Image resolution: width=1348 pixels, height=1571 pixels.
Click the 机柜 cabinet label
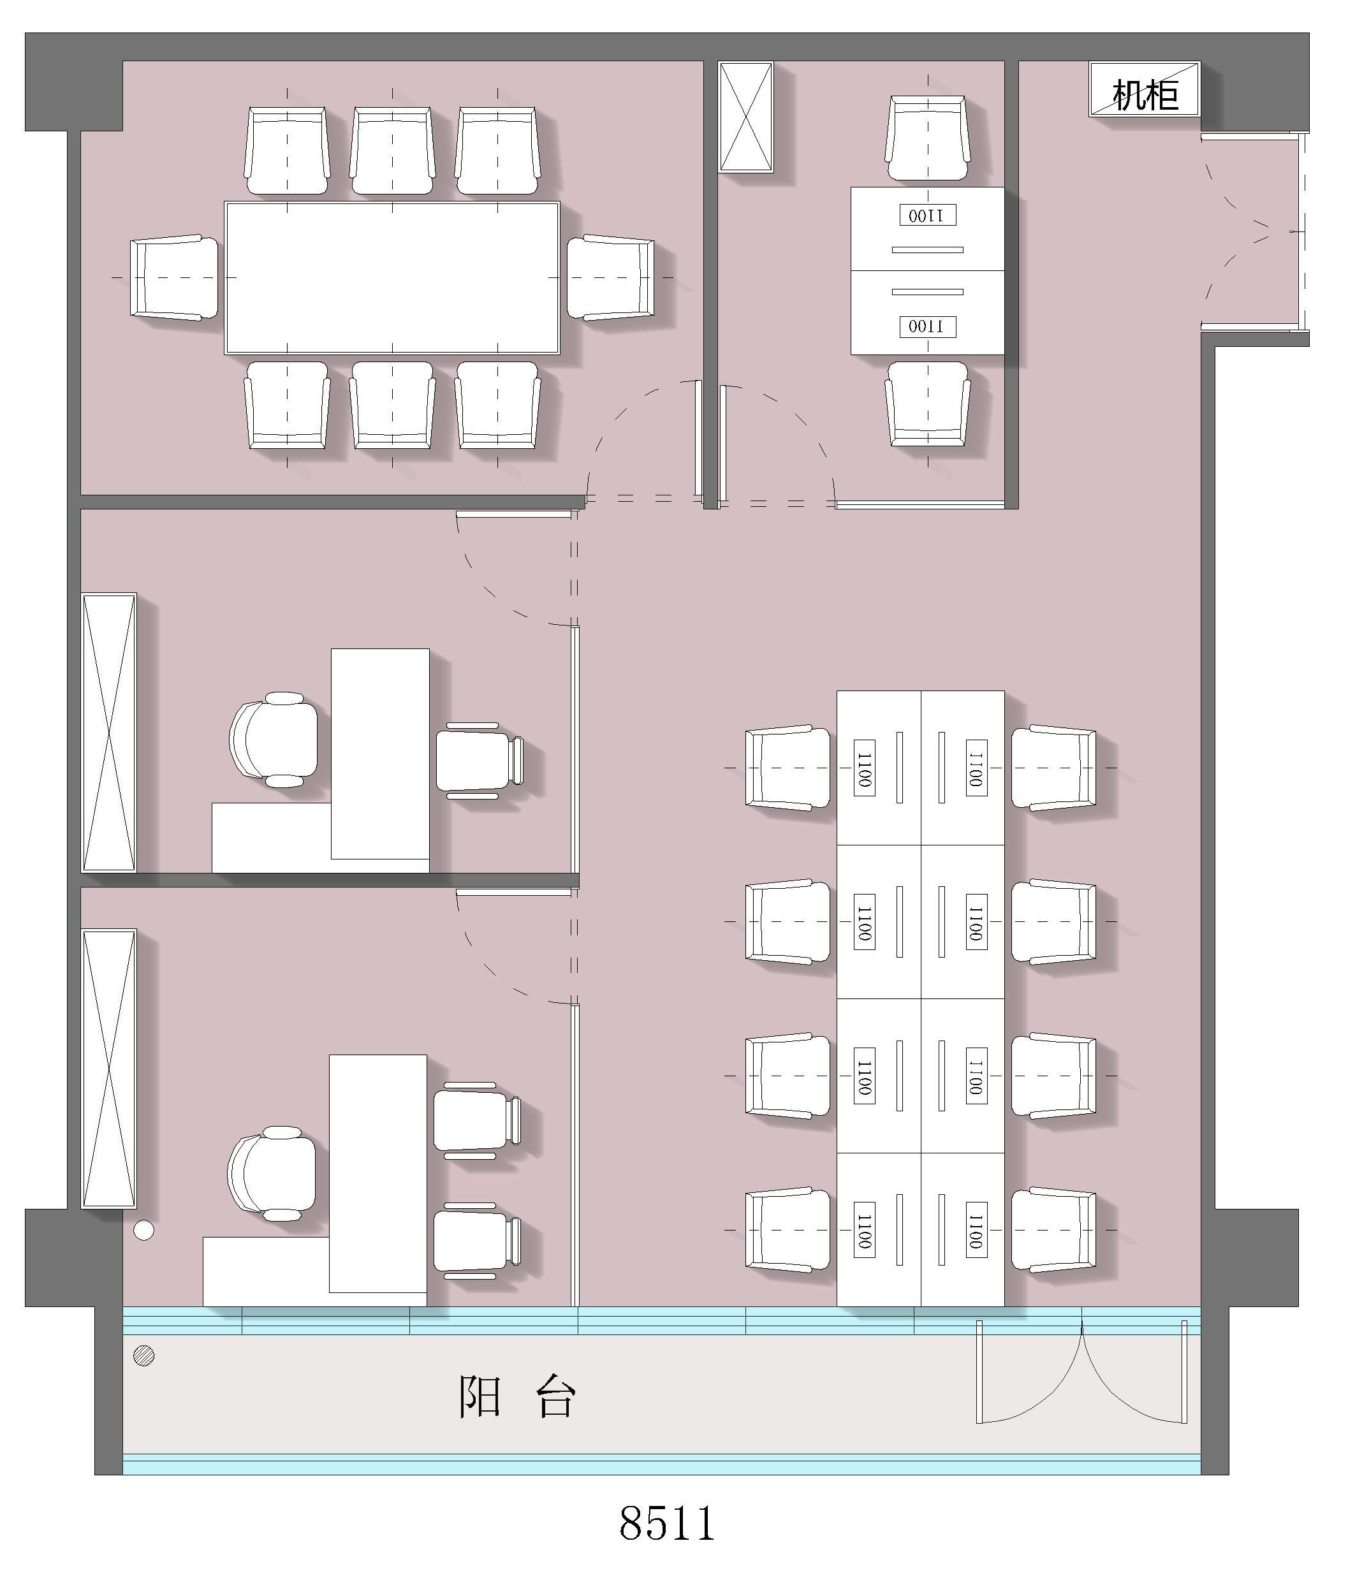pyautogui.click(x=1145, y=96)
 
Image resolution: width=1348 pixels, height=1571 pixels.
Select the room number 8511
pyautogui.click(x=667, y=1523)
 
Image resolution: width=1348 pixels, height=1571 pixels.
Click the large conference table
pyautogui.click(x=392, y=277)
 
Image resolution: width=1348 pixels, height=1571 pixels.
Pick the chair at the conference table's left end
pyautogui.click(x=174, y=277)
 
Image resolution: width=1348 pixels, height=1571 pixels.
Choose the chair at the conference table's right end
pyautogui.click(x=611, y=277)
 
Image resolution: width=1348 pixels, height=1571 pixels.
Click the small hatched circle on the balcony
pyautogui.click(x=144, y=1355)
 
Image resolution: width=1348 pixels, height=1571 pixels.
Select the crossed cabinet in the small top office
pyautogui.click(x=745, y=117)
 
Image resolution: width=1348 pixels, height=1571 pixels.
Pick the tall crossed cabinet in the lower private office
pyautogui.click(x=108, y=1069)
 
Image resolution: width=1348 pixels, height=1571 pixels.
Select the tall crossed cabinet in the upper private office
pyautogui.click(x=108, y=733)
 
